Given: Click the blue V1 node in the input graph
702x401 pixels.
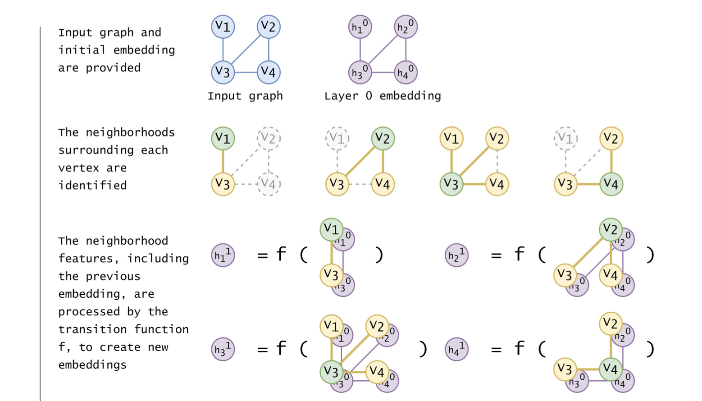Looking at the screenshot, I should (223, 27).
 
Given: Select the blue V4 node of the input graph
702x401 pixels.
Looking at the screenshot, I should (269, 72).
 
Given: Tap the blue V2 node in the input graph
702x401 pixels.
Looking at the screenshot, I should (269, 27).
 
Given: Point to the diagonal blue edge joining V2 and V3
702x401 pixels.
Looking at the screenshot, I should (246, 49).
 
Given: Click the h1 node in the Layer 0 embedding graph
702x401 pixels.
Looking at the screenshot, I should (360, 27).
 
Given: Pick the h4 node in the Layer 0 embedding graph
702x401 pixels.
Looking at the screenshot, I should (406, 72).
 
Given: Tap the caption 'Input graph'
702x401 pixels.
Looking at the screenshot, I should (245, 96).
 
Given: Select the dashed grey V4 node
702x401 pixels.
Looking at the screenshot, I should (269, 184).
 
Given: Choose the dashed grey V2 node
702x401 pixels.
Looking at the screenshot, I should (269, 138).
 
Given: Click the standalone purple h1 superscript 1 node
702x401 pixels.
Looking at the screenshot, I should (223, 255).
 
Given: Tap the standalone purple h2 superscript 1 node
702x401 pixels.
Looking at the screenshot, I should (456, 255).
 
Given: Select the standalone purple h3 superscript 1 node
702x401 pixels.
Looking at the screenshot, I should (223, 349).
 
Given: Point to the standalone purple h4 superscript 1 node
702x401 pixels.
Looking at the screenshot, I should (456, 349).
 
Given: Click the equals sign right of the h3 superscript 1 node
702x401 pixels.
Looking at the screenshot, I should (262, 350).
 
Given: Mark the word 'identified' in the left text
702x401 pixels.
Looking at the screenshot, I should (92, 185).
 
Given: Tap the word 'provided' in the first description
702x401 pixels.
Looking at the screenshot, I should (113, 68).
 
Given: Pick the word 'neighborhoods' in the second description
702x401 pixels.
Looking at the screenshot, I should (130, 132).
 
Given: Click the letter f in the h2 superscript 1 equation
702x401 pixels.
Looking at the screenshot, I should (519, 254).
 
